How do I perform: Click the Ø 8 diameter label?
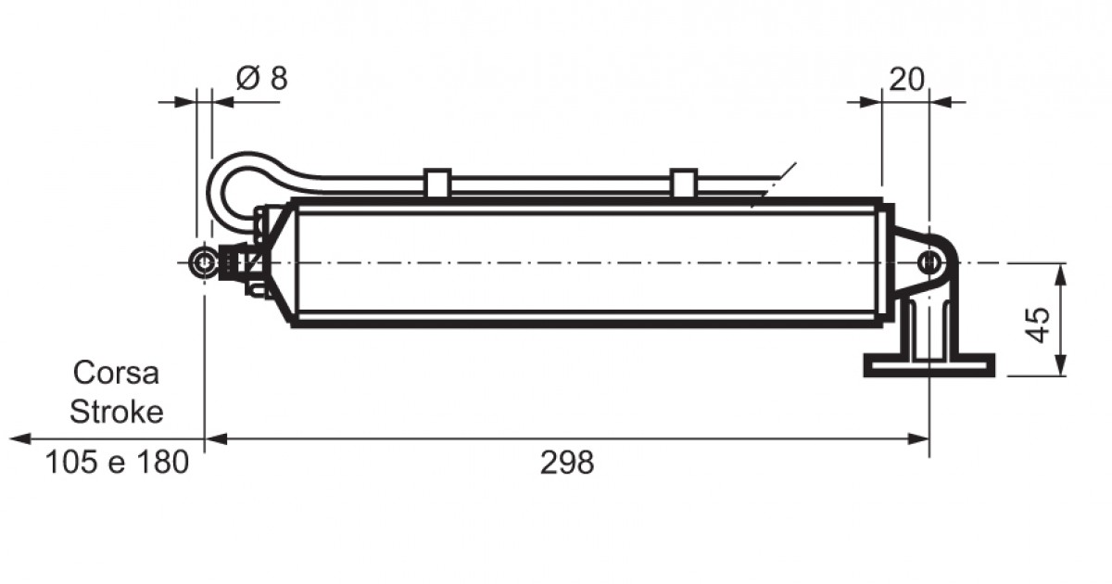pos(261,79)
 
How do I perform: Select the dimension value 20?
pos(906,79)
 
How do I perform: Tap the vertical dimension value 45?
pos(1038,324)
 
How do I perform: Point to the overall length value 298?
pos(566,463)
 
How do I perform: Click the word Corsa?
pos(116,373)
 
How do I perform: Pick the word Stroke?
pos(117,412)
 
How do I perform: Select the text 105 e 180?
pos(117,463)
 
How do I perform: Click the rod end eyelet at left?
pos(204,263)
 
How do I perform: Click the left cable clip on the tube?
pos(437,183)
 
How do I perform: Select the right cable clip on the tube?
pos(684,183)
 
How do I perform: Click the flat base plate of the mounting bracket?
pos(929,365)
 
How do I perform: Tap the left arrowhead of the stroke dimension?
pos(19,439)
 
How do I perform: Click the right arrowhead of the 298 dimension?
pos(918,439)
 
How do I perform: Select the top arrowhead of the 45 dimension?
pos(1060,274)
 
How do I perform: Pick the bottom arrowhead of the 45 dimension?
pos(1060,365)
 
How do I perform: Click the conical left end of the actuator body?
pos(281,263)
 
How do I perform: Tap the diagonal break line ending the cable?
pos(774,184)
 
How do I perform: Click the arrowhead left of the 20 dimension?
pos(871,103)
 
